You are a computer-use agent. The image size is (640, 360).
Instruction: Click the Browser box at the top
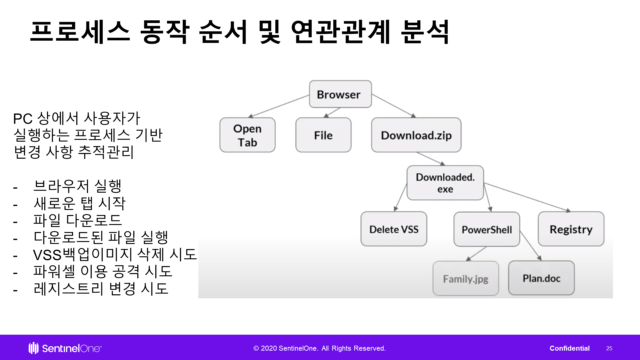pos(340,94)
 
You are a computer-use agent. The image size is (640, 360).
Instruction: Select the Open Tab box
pos(247,135)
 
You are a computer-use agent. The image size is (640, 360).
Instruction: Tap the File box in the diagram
pos(323,135)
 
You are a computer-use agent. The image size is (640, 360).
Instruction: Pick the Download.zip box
pos(416,135)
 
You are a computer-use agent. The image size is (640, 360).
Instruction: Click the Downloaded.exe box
pos(445,183)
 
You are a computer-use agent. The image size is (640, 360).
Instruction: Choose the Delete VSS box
pos(394,229)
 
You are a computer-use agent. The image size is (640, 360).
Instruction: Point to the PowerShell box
pos(487,229)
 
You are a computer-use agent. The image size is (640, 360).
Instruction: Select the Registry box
pos(571,229)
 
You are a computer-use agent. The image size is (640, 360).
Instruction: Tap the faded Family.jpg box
pos(466,278)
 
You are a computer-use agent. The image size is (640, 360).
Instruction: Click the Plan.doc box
pos(541,278)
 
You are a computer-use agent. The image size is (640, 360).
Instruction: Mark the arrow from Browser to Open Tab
pos(279,106)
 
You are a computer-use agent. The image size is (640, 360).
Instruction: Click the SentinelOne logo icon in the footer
pos(33,348)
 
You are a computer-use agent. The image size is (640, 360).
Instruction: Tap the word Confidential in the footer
pos(570,348)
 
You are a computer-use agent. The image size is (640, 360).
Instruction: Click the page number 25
pos(609,348)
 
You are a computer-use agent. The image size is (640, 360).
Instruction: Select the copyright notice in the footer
pos(319,348)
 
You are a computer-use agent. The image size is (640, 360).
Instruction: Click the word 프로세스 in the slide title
pos(80,32)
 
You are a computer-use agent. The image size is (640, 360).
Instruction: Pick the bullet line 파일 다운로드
pos(78,220)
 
